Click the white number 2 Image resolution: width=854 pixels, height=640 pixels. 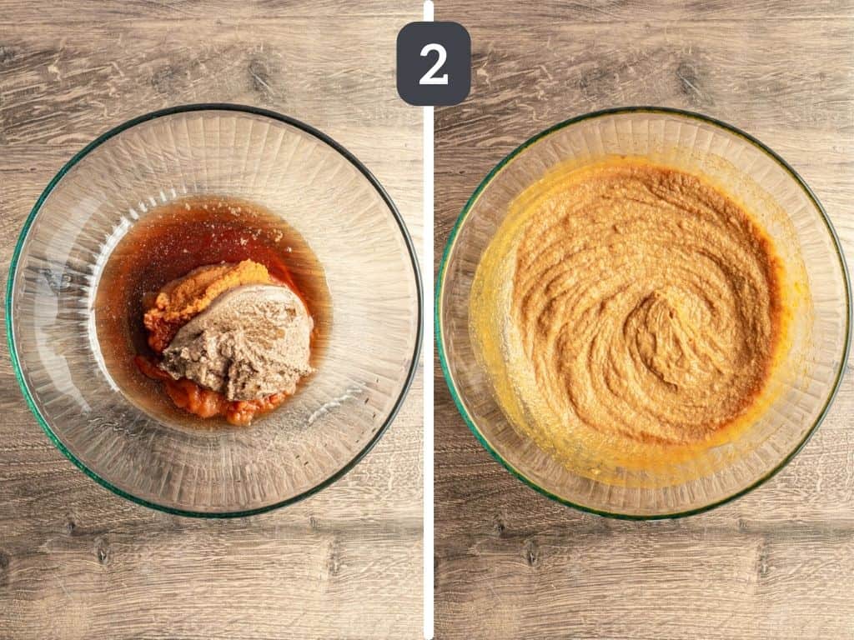pyautogui.click(x=434, y=64)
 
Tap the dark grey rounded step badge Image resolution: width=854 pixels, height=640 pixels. pyautogui.click(x=434, y=63)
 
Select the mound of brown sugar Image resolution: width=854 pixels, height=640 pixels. pyautogui.click(x=239, y=341)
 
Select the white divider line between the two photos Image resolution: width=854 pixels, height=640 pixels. pyautogui.click(x=429, y=320)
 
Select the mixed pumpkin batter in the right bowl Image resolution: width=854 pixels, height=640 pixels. pyautogui.click(x=643, y=305)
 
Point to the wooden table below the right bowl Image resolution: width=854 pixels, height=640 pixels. pyautogui.click(x=643, y=577)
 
